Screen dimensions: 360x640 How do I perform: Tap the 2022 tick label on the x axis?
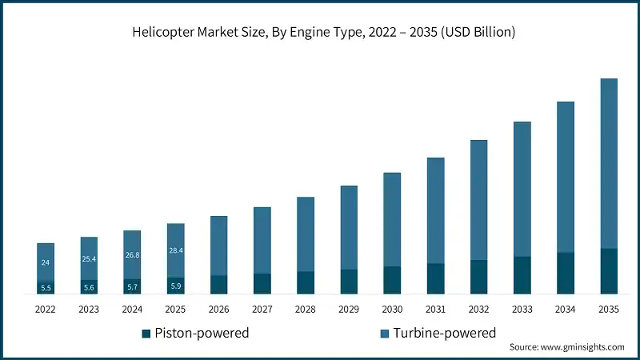(46, 309)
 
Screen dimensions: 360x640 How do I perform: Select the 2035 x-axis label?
(609, 309)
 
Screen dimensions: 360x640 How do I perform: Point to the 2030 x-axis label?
(392, 309)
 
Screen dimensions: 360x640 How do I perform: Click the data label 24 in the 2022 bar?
(46, 262)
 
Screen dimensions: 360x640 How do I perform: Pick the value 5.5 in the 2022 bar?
(46, 288)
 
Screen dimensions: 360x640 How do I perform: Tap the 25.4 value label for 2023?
(89, 259)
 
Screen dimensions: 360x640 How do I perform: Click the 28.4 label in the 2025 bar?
(175, 251)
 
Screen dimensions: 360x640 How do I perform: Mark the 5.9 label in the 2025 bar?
(175, 286)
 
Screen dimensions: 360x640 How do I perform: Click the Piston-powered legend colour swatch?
(146, 333)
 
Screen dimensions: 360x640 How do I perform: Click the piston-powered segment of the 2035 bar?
(609, 271)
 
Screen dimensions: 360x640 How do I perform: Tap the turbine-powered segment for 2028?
(306, 234)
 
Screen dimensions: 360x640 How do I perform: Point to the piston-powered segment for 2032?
(478, 277)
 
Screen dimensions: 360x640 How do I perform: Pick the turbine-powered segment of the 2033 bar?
(522, 189)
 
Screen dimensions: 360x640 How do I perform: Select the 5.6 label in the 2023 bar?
(89, 287)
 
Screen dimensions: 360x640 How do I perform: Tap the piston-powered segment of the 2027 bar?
(262, 284)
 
